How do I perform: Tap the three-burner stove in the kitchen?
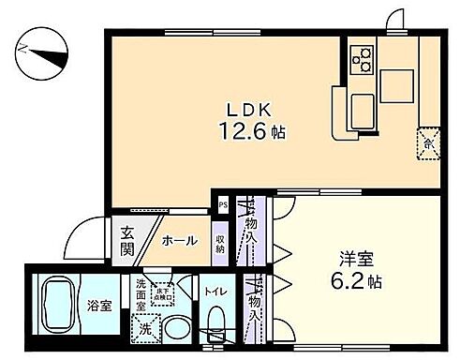tap(363, 58)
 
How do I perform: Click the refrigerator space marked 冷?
tap(428, 142)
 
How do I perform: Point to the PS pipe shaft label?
tap(222, 203)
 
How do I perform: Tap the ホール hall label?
tap(180, 241)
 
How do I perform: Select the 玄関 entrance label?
tap(126, 241)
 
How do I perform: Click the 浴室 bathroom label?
tap(100, 305)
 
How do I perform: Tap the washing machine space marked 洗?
tap(144, 328)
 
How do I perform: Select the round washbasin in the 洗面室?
tap(174, 329)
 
